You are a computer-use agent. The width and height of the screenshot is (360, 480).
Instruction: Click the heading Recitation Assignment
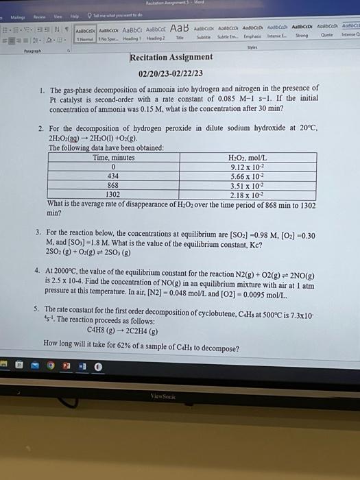(x=171, y=57)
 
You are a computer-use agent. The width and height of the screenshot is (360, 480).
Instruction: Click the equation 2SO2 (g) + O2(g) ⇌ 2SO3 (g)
(x=91, y=251)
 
